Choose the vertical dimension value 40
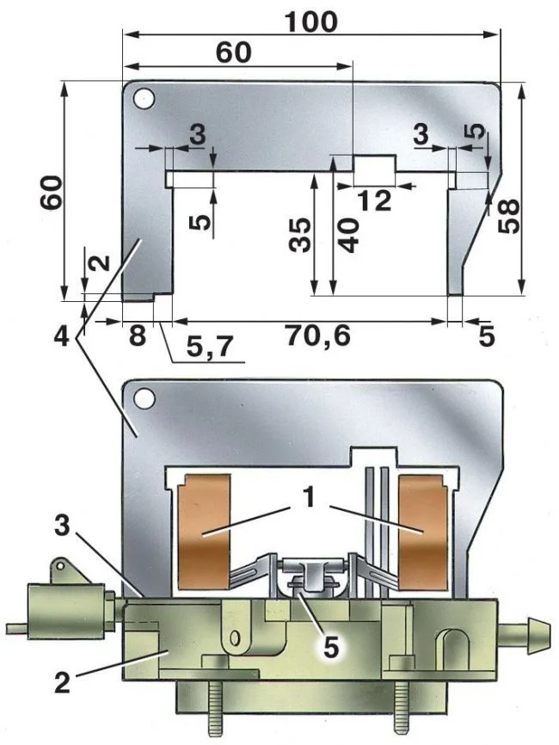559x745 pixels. (x=347, y=232)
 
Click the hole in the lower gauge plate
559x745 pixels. (x=143, y=397)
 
